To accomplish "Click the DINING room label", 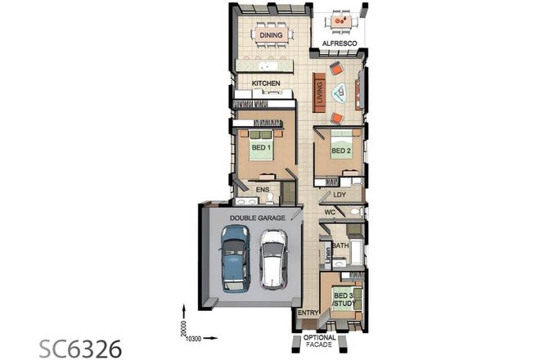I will click(272, 35).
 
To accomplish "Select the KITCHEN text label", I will click(266, 83).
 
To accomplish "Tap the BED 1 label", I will click(261, 148).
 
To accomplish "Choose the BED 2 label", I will click(340, 152).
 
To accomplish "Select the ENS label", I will click(263, 190).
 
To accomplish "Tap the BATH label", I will click(340, 245).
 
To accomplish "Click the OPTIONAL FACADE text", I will click(320, 342).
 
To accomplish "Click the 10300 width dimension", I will click(194, 337).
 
